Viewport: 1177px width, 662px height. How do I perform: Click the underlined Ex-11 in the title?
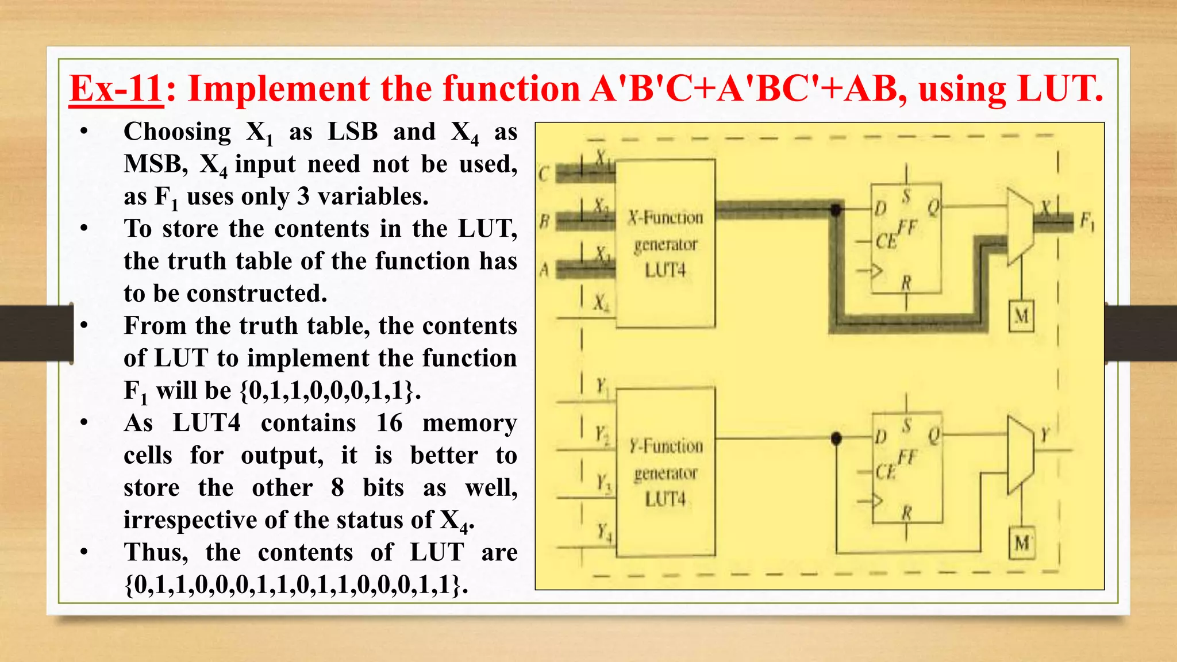116,89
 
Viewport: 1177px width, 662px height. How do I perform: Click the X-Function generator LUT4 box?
666,244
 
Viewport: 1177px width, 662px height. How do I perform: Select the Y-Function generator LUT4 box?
666,472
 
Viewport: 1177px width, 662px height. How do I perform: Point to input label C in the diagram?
544,174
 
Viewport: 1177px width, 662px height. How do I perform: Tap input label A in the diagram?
544,269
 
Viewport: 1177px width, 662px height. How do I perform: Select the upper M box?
1021,316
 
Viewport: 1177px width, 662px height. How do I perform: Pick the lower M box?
1021,542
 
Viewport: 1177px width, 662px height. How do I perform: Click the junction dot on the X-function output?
836,210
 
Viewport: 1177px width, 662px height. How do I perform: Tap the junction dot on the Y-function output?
836,439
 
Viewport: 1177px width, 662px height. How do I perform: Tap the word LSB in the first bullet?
353,132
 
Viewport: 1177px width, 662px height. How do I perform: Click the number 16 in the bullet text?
389,424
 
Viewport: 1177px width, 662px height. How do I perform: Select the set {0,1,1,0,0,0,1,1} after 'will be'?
330,391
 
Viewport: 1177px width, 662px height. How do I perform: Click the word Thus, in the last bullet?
156,553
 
